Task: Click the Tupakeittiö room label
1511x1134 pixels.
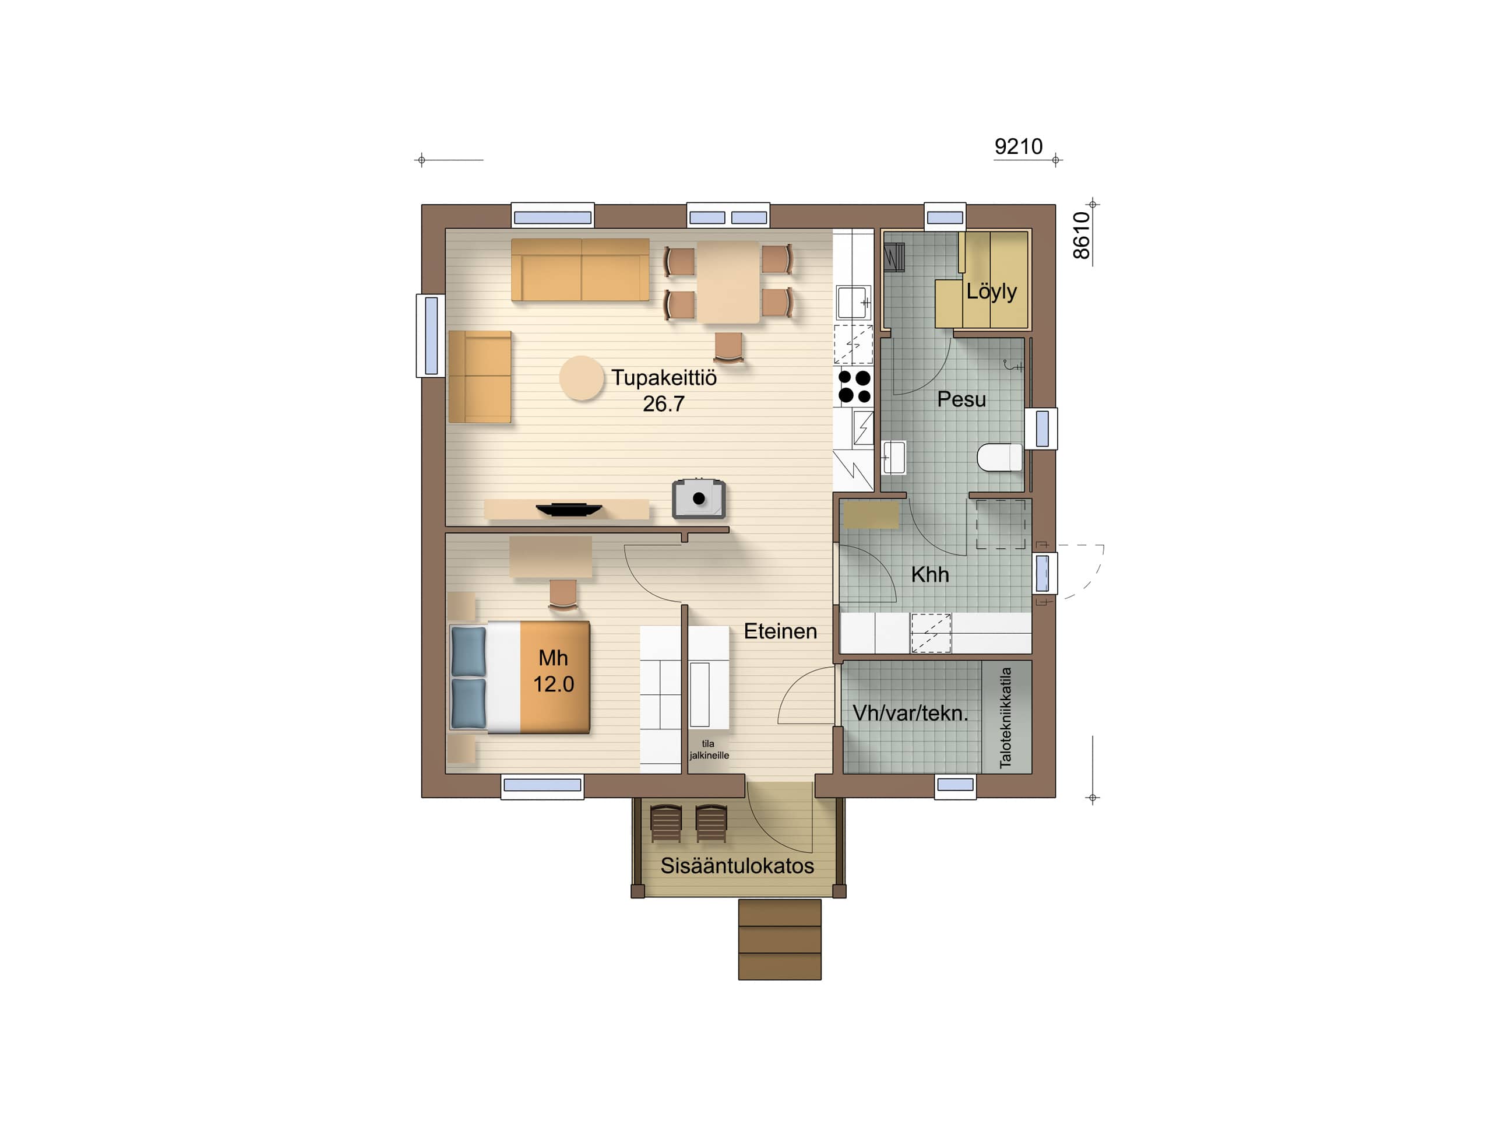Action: coord(663,377)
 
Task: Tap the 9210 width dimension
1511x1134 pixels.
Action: coord(1018,146)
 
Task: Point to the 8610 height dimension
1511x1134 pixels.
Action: coord(1082,235)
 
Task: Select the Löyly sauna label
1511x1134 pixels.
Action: coord(991,291)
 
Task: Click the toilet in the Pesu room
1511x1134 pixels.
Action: coord(999,457)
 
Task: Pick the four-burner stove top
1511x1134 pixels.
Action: coord(854,386)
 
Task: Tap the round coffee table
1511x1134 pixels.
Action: coord(582,378)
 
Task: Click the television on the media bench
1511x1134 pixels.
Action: coord(568,509)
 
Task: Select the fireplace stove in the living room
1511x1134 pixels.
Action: coord(698,498)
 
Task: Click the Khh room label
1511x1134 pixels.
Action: coord(929,574)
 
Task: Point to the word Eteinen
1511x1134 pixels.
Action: coord(780,631)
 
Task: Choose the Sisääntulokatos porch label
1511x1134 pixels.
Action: coord(737,865)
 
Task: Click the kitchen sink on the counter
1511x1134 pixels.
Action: coord(853,302)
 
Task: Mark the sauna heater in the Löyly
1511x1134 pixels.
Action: coord(894,258)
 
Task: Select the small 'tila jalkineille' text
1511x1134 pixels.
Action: coord(709,749)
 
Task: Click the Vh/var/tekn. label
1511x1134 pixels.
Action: coord(910,713)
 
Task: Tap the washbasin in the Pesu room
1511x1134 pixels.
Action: coord(894,457)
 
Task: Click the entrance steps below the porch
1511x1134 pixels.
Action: coord(780,939)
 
